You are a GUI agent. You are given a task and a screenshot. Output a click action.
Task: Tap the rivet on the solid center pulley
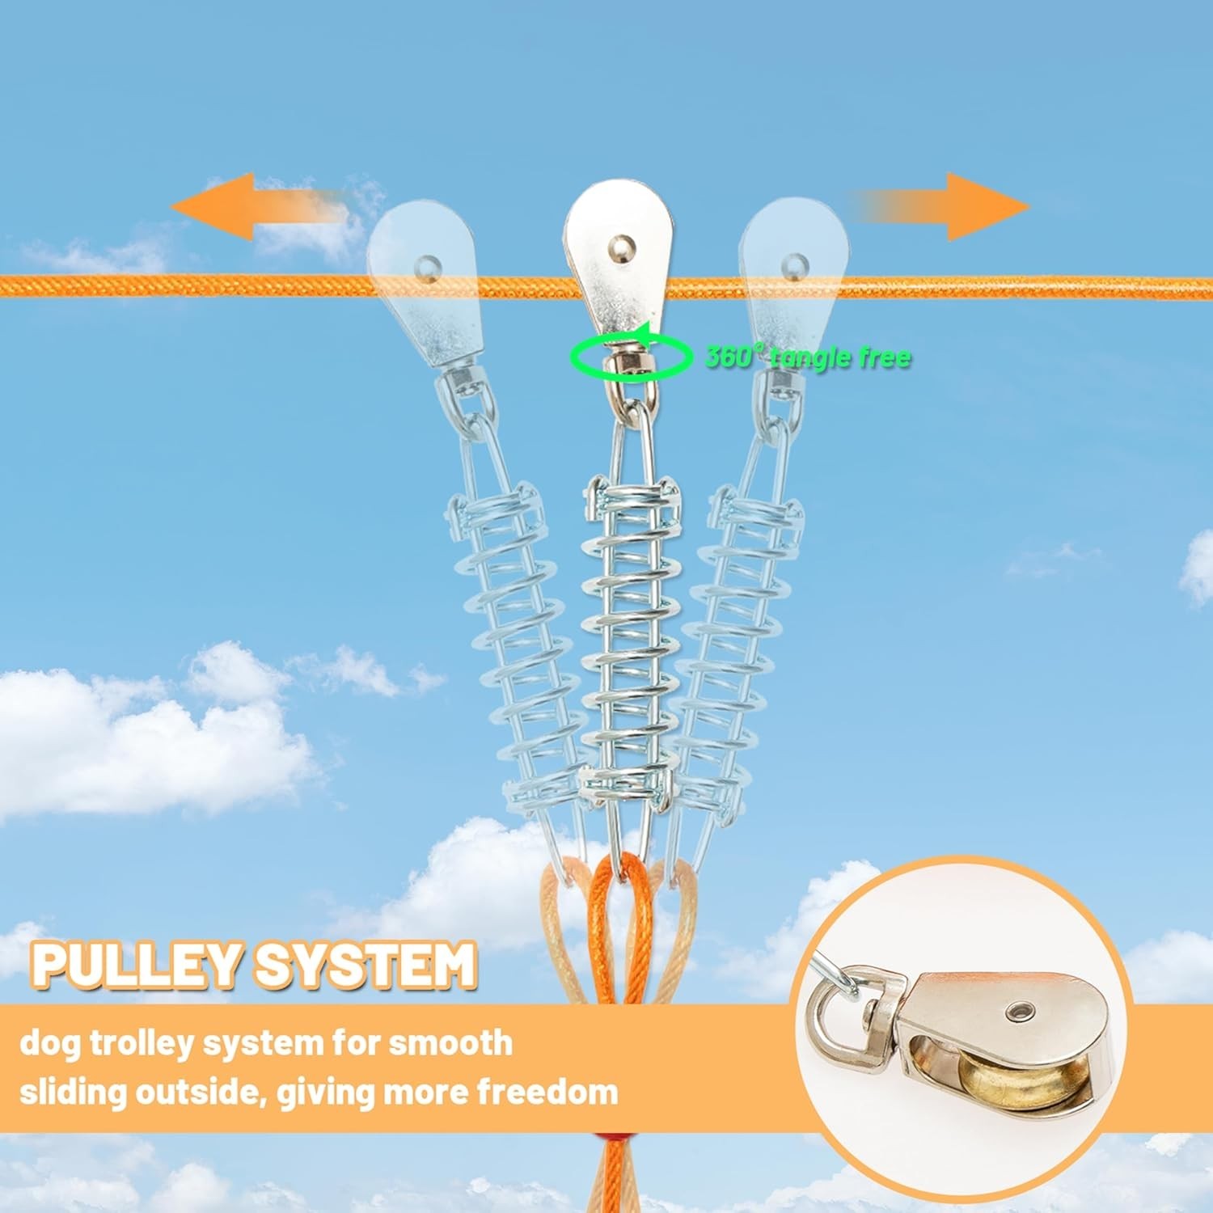[x=619, y=242]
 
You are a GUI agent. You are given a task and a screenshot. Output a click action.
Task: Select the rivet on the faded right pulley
[x=794, y=263]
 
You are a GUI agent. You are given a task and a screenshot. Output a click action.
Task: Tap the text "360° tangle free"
[x=809, y=357]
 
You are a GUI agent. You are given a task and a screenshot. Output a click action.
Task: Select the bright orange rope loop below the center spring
[x=623, y=914]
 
